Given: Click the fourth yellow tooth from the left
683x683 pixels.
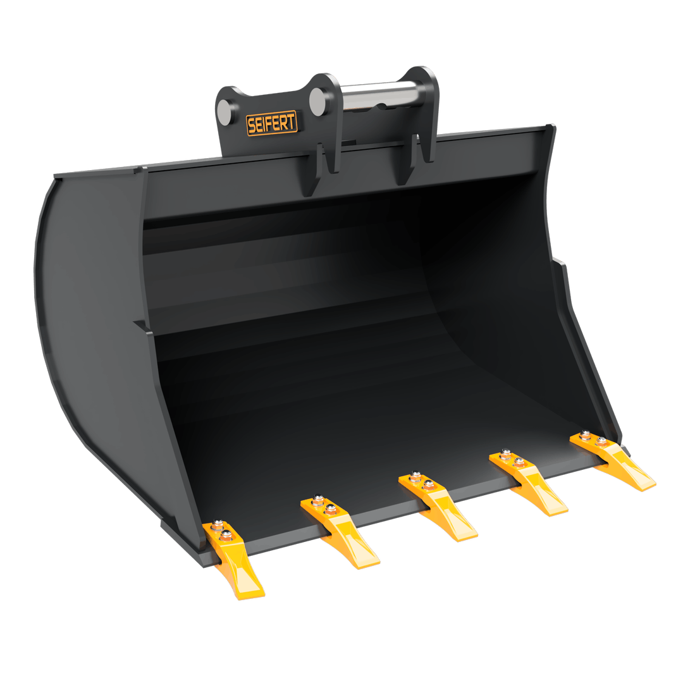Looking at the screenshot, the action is pos(527,482).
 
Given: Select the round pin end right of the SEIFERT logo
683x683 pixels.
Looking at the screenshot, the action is pos(319,101).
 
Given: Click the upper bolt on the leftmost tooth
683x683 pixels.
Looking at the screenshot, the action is pos(217,526).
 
